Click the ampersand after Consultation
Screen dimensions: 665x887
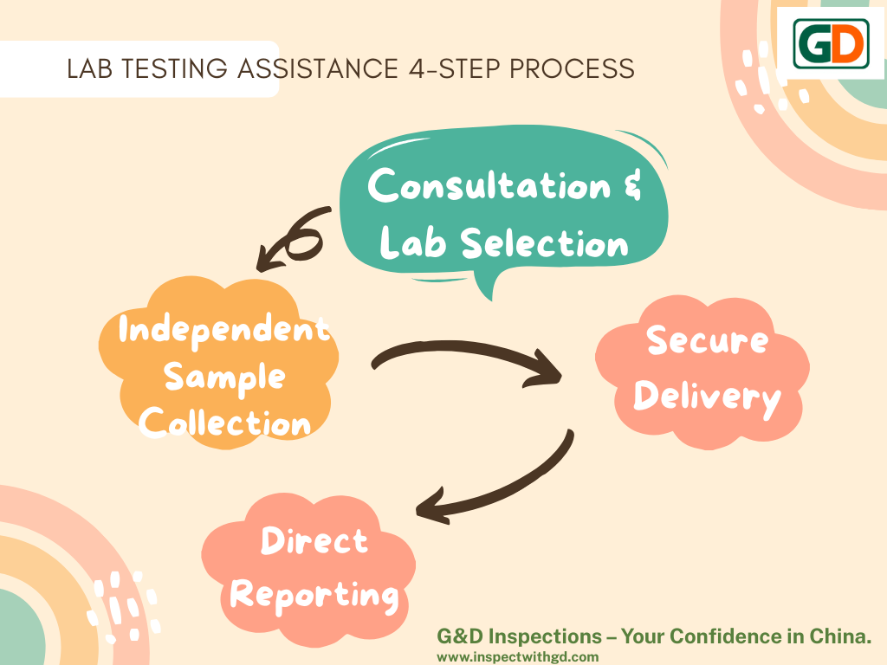[633, 186]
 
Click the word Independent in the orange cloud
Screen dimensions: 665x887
[223, 329]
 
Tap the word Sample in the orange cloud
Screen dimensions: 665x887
[224, 377]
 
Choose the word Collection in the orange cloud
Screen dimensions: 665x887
[225, 423]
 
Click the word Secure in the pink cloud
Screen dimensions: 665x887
[707, 340]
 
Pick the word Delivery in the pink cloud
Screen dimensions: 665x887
[707, 397]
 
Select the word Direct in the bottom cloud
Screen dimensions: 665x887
[314, 541]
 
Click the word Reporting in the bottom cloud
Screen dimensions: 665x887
[314, 596]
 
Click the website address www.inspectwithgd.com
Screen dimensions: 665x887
[517, 656]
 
